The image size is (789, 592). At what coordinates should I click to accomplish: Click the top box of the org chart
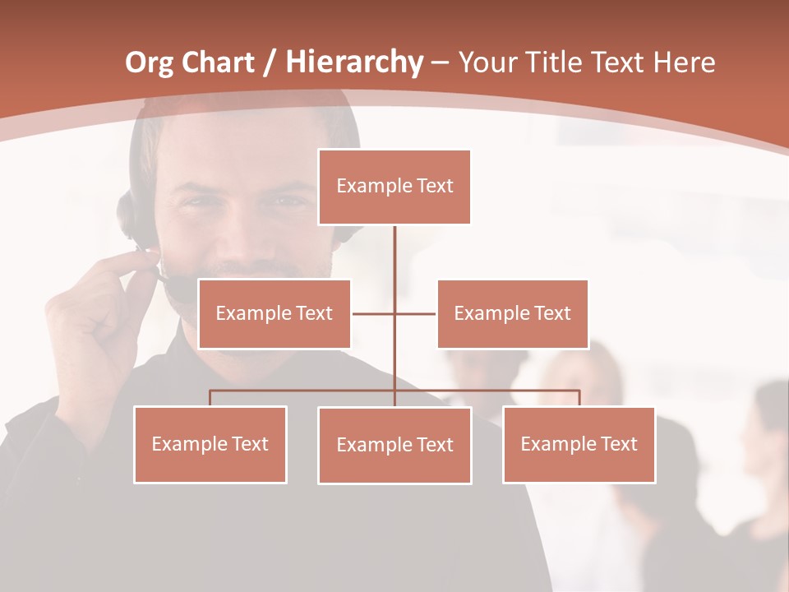click(x=394, y=187)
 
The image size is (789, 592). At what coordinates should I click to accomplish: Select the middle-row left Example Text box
click(x=275, y=313)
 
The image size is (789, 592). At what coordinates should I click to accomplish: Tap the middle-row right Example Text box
click(x=512, y=313)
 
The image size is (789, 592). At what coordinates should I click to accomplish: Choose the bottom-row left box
click(x=210, y=444)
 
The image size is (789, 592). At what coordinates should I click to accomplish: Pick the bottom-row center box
click(x=394, y=445)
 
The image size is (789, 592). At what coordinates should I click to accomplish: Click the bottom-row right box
click(x=579, y=444)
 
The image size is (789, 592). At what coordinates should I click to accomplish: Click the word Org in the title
click(x=149, y=62)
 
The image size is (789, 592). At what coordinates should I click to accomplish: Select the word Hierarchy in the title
click(x=354, y=62)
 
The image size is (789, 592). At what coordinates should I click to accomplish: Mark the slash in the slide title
click(x=268, y=63)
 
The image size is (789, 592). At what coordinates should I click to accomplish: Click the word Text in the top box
click(x=435, y=186)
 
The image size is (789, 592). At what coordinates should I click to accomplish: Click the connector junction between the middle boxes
click(x=394, y=313)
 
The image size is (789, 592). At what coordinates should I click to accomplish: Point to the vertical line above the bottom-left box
click(x=210, y=398)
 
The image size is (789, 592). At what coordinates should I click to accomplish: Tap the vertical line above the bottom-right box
click(x=579, y=398)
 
